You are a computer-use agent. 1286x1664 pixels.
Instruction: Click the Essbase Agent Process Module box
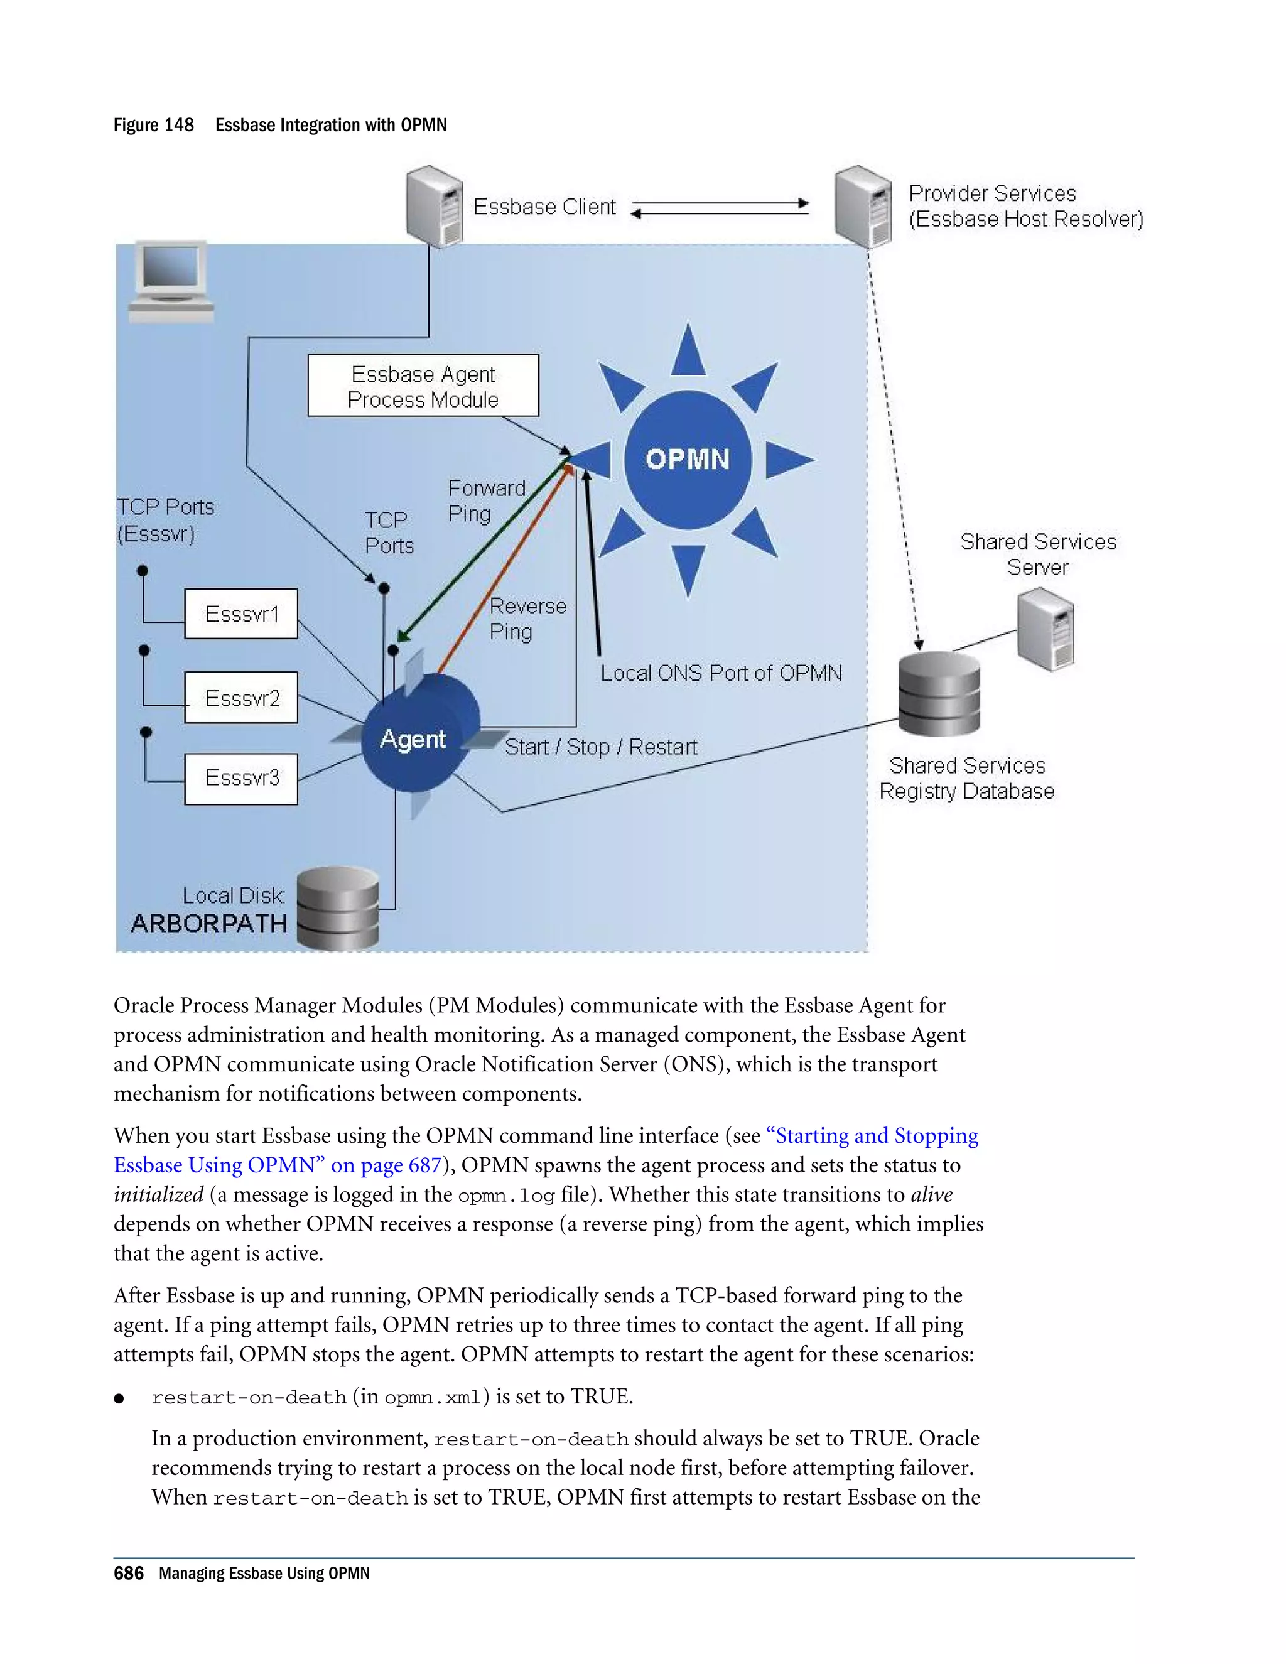tap(423, 386)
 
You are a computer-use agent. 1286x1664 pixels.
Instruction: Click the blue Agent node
tap(415, 736)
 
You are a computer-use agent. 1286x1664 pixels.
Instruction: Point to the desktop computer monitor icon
tap(171, 281)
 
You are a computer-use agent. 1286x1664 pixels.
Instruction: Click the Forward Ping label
tap(486, 500)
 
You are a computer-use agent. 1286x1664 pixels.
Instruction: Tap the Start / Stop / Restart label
tap(600, 747)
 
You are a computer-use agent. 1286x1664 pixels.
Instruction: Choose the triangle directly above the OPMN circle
tap(688, 351)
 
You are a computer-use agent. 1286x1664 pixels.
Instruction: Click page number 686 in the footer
tap(128, 1574)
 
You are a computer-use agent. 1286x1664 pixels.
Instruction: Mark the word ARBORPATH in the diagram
tap(208, 924)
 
